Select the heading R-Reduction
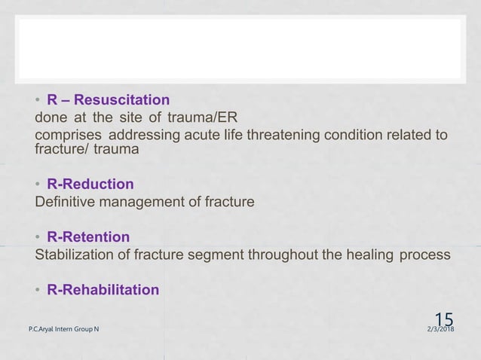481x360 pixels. click(x=90, y=185)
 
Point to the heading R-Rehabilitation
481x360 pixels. click(x=103, y=290)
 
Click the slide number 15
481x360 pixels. click(x=446, y=319)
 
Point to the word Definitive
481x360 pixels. click(x=66, y=202)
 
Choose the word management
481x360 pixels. click(x=143, y=202)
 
